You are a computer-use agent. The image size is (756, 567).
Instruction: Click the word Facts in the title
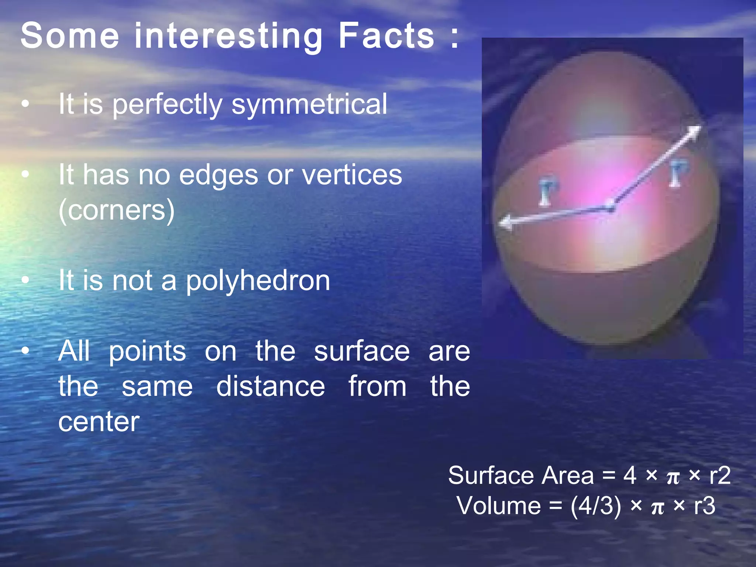click(386, 35)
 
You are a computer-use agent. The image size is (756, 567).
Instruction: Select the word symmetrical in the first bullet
click(309, 105)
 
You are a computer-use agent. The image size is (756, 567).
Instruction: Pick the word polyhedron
click(258, 281)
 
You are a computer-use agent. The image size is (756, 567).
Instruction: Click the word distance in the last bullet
click(271, 386)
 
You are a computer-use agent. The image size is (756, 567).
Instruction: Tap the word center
click(99, 422)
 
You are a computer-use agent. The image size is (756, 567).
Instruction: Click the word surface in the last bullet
click(362, 351)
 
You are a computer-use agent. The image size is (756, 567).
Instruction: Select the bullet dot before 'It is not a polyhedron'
click(25, 281)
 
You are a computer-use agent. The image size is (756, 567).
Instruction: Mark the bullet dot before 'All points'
click(25, 351)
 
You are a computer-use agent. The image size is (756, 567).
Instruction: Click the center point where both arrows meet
click(611, 208)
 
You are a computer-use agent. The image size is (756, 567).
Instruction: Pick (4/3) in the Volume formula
click(595, 506)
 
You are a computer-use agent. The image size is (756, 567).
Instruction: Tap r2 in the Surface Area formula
click(720, 475)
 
